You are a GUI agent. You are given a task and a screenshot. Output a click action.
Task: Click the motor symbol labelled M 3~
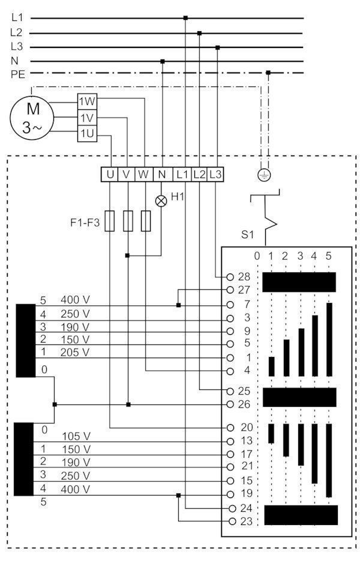32,118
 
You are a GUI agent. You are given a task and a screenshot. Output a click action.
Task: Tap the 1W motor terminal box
88,101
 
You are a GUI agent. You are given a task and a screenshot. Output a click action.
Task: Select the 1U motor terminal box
88,133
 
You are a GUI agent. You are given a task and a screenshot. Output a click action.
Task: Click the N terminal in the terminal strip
162,174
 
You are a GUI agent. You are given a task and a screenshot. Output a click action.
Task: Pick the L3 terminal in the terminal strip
215,174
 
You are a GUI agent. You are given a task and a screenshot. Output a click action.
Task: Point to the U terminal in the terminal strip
109,174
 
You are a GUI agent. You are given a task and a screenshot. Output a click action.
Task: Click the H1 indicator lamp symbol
161,200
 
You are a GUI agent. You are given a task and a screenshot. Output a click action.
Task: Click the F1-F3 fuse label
85,223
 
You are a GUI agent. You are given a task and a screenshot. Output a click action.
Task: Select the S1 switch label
247,235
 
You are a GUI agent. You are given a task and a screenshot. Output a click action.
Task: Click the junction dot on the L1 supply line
185,17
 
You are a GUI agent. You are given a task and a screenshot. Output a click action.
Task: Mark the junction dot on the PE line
268,73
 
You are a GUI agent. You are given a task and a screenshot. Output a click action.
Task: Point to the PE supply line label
17,74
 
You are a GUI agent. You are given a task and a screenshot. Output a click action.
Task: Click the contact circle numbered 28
230,277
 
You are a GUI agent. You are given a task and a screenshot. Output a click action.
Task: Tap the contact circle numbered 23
232,521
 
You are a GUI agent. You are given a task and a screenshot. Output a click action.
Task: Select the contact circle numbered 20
230,428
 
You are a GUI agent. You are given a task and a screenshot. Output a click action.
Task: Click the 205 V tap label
75,352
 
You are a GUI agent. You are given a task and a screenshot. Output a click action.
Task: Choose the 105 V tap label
76,436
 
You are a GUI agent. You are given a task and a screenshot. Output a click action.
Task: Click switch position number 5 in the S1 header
328,256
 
